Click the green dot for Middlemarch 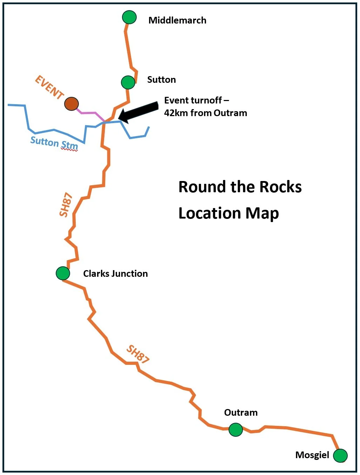click(129, 17)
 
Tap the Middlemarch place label click(177, 20)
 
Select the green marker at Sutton click(128, 82)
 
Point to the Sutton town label click(161, 80)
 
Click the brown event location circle click(72, 104)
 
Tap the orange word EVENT click(49, 87)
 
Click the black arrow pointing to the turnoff click(138, 112)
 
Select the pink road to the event click(89, 113)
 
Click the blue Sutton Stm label click(54, 143)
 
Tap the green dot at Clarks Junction click(63, 273)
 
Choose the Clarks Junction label click(115, 274)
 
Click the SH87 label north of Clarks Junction click(66, 205)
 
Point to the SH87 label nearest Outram click(138, 354)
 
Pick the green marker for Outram click(236, 429)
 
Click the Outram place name click(241, 413)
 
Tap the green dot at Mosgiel click(340, 456)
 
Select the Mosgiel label click(312, 455)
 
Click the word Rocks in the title click(280, 187)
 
